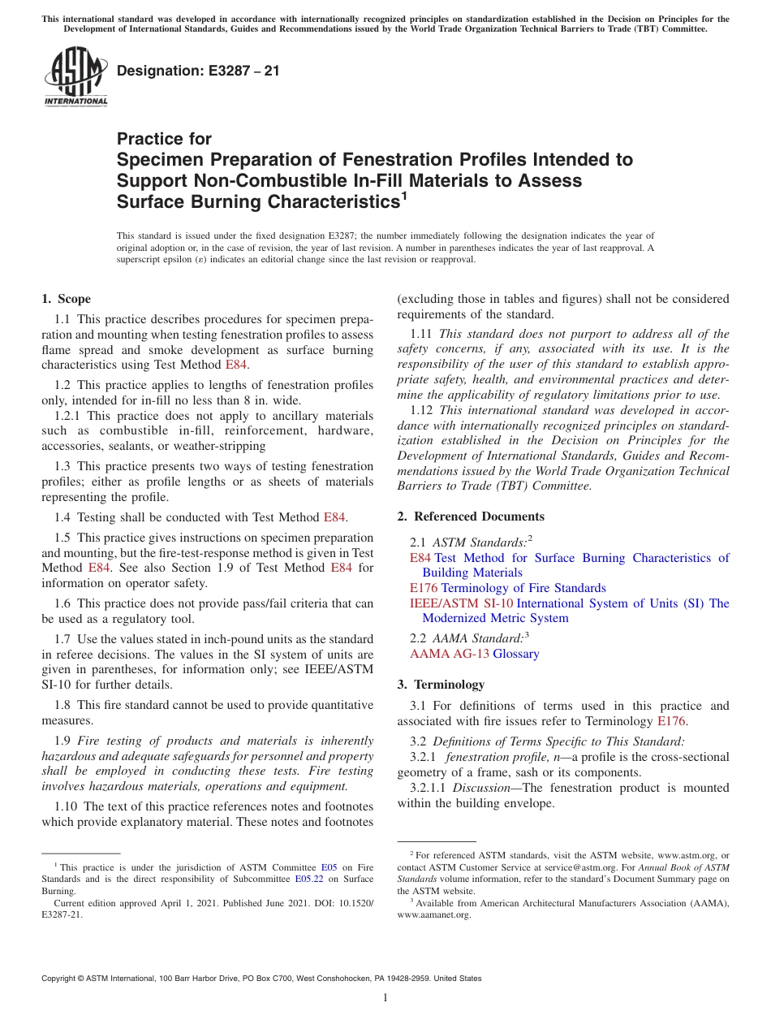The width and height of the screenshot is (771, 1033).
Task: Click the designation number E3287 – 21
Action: [x=198, y=71]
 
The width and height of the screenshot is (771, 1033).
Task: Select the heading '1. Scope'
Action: [x=67, y=299]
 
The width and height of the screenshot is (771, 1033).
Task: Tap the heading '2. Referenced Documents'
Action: [x=471, y=516]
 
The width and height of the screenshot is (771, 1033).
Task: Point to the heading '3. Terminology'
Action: [x=441, y=685]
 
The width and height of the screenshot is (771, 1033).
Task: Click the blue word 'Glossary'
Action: [x=516, y=654]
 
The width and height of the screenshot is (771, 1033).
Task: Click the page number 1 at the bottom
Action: [x=385, y=997]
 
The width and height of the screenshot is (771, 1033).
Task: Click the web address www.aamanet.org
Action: [x=433, y=914]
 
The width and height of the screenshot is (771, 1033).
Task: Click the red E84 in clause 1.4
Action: [x=334, y=516]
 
